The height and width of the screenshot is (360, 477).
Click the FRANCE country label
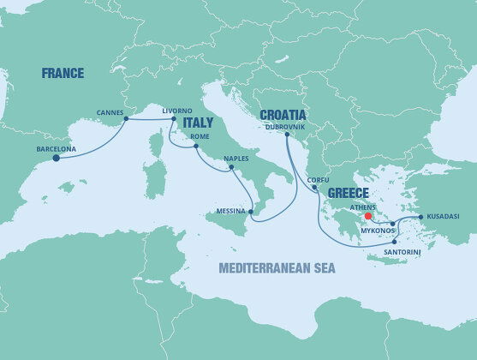point(63,74)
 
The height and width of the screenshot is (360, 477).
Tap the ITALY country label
point(197,122)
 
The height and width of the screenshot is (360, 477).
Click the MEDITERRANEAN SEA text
point(277,268)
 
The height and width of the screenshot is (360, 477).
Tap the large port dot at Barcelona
point(57,158)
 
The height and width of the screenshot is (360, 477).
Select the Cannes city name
point(110,111)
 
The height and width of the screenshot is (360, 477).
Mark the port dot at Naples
point(231,169)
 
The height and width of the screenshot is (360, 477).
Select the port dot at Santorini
point(394,242)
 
